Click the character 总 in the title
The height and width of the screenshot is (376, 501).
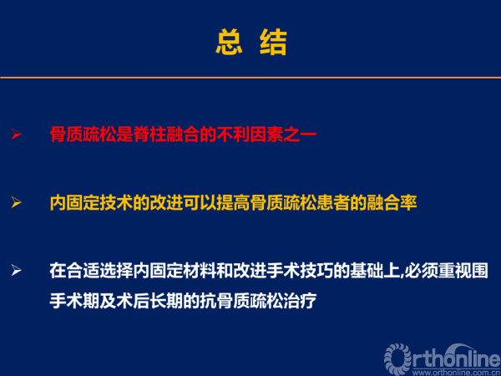pos(229,43)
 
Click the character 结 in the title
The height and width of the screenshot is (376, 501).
pos(273,43)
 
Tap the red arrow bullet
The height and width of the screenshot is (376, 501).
pos(17,134)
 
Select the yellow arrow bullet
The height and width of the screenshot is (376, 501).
pos(17,202)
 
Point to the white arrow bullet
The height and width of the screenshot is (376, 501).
pos(17,271)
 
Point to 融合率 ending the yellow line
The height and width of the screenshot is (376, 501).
pos(392,202)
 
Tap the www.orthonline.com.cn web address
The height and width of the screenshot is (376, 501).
pos(456,373)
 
